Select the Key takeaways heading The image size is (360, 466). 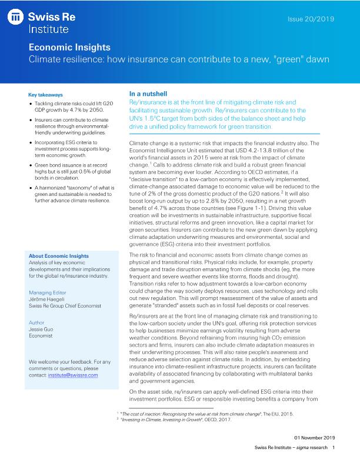coord(45,94)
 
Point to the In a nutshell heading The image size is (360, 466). coord(148,94)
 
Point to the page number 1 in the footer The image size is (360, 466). coord(334,448)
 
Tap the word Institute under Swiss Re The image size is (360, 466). coord(49,28)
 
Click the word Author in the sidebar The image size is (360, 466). coord(36,322)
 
